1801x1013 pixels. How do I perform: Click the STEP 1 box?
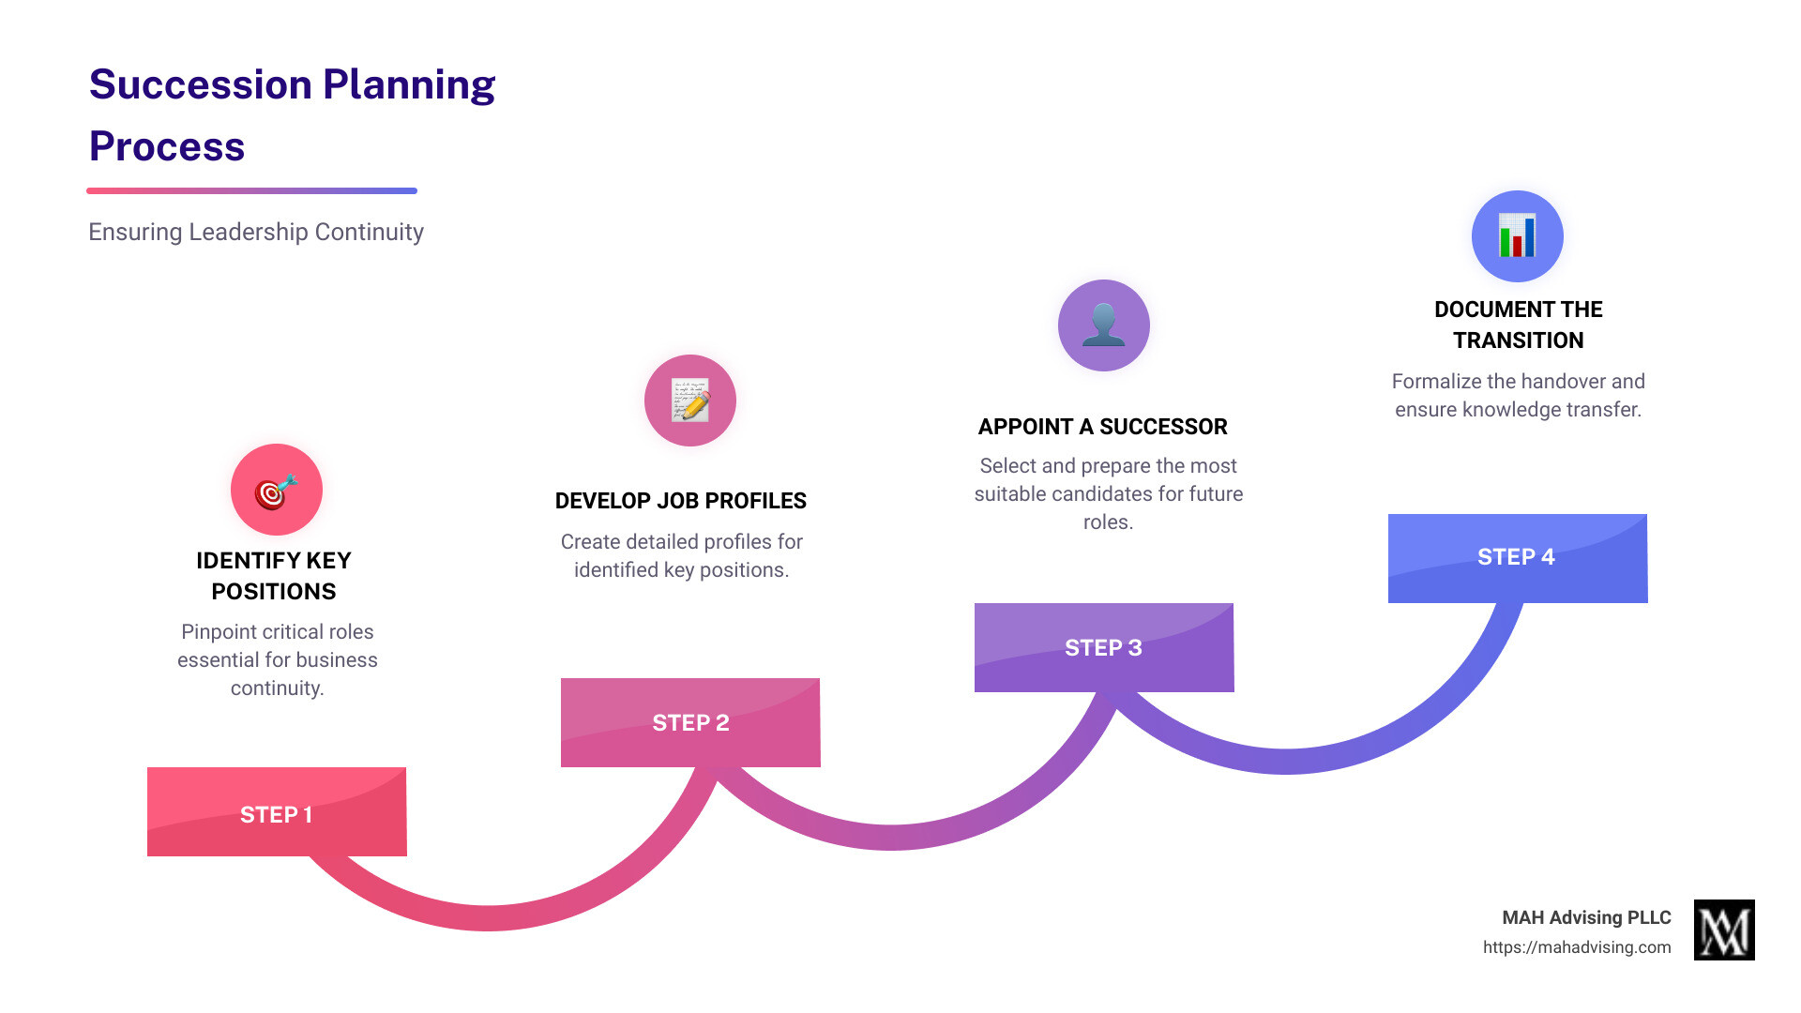pos(277,812)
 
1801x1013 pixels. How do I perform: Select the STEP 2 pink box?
pos(690,722)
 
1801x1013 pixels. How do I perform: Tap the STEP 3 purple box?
pos(1104,647)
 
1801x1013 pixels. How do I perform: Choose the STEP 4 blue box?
pos(1518,558)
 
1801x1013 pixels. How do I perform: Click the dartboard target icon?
pos(277,490)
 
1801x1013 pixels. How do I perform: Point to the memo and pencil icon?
pos(690,401)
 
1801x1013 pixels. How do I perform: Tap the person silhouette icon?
pos(1104,325)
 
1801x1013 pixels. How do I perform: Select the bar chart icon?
pos(1518,236)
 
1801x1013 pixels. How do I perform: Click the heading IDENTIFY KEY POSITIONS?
pos(274,576)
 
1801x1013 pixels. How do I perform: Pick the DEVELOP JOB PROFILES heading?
pos(680,501)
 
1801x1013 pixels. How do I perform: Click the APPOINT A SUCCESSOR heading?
pos(1102,427)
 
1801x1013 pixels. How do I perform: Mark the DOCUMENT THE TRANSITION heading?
pos(1518,325)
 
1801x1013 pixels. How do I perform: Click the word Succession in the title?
pos(200,85)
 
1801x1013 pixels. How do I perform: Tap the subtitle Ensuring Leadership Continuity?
pos(256,232)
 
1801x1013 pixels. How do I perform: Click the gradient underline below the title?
pos(251,190)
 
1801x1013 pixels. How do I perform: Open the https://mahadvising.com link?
pos(1576,947)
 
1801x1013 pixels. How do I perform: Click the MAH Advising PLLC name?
pos(1586,917)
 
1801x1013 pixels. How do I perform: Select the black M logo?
pos(1724,930)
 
